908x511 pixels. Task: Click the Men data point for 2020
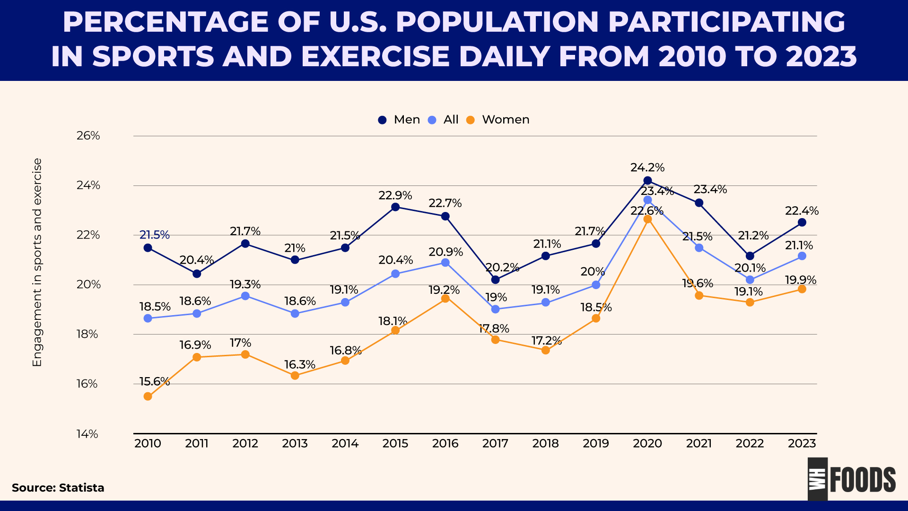pyautogui.click(x=647, y=180)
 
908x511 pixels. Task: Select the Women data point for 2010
pyautogui.click(x=148, y=396)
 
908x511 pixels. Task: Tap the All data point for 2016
pyautogui.click(x=445, y=263)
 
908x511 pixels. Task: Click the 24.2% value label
pyautogui.click(x=647, y=167)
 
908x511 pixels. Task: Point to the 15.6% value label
pyautogui.click(x=154, y=381)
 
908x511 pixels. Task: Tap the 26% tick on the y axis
pyautogui.click(x=88, y=136)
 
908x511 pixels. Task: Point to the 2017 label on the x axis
pyautogui.click(x=495, y=443)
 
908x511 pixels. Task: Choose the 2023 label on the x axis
pyautogui.click(x=802, y=443)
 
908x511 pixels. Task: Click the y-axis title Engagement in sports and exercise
pyautogui.click(x=37, y=263)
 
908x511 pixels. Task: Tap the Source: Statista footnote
pyautogui.click(x=58, y=488)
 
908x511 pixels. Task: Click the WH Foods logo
pyautogui.click(x=851, y=479)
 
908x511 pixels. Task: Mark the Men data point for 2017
pyautogui.click(x=495, y=280)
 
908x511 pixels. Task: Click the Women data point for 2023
pyautogui.click(x=802, y=289)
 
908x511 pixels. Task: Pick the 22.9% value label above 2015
pyautogui.click(x=395, y=195)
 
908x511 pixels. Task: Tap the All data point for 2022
pyautogui.click(x=750, y=280)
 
